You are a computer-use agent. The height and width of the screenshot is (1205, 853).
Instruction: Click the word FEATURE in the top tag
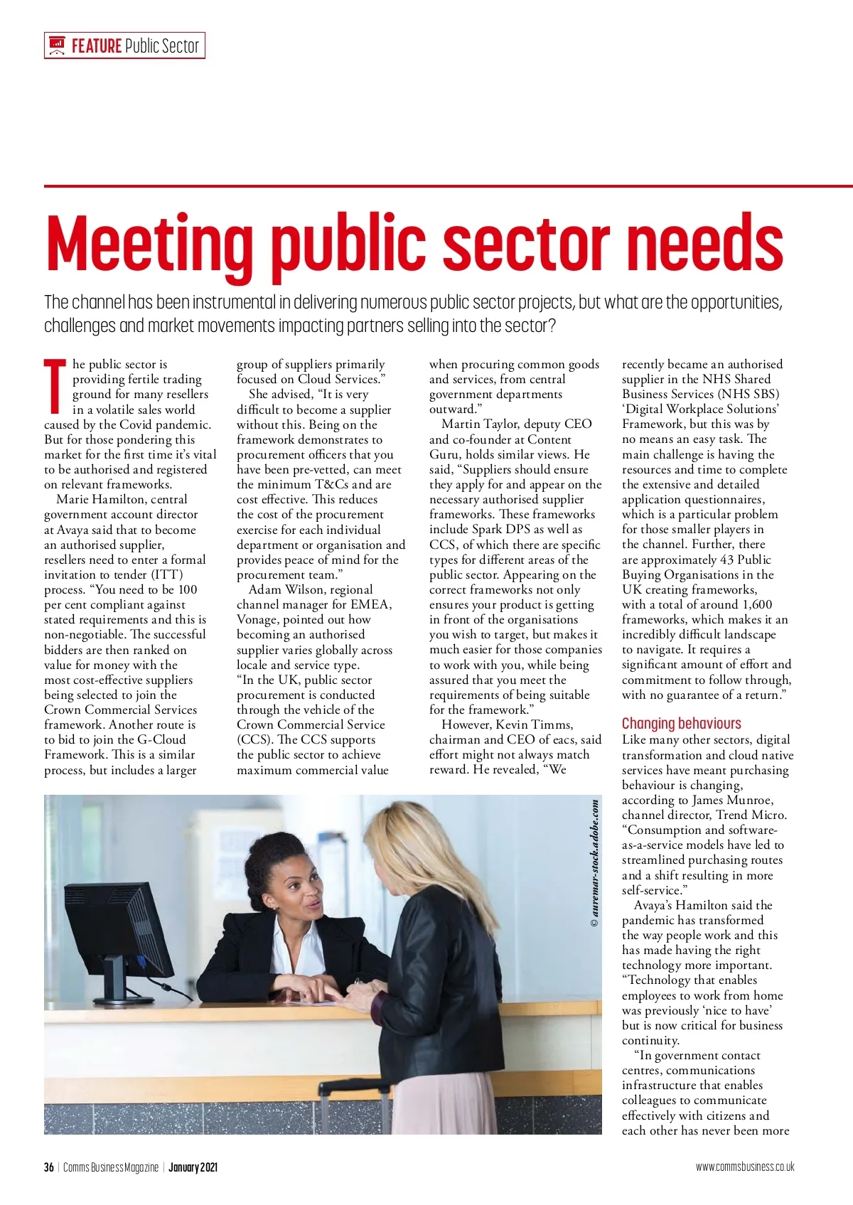pos(97,46)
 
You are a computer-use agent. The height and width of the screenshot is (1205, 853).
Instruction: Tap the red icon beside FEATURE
pos(57,46)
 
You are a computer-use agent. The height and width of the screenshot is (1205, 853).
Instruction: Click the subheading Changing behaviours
pos(681,724)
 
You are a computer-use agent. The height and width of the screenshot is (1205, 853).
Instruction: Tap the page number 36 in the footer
pos(49,1167)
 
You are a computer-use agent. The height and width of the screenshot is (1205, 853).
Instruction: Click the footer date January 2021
pos(193,1167)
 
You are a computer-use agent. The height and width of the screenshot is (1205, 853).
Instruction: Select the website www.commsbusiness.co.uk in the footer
pos(744,1167)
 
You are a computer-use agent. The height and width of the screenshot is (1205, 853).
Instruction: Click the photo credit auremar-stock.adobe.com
pos(594,863)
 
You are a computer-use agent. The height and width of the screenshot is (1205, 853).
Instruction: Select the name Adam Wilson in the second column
pos(311,589)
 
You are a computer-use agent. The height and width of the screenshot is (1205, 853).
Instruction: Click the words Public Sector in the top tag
pos(162,46)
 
